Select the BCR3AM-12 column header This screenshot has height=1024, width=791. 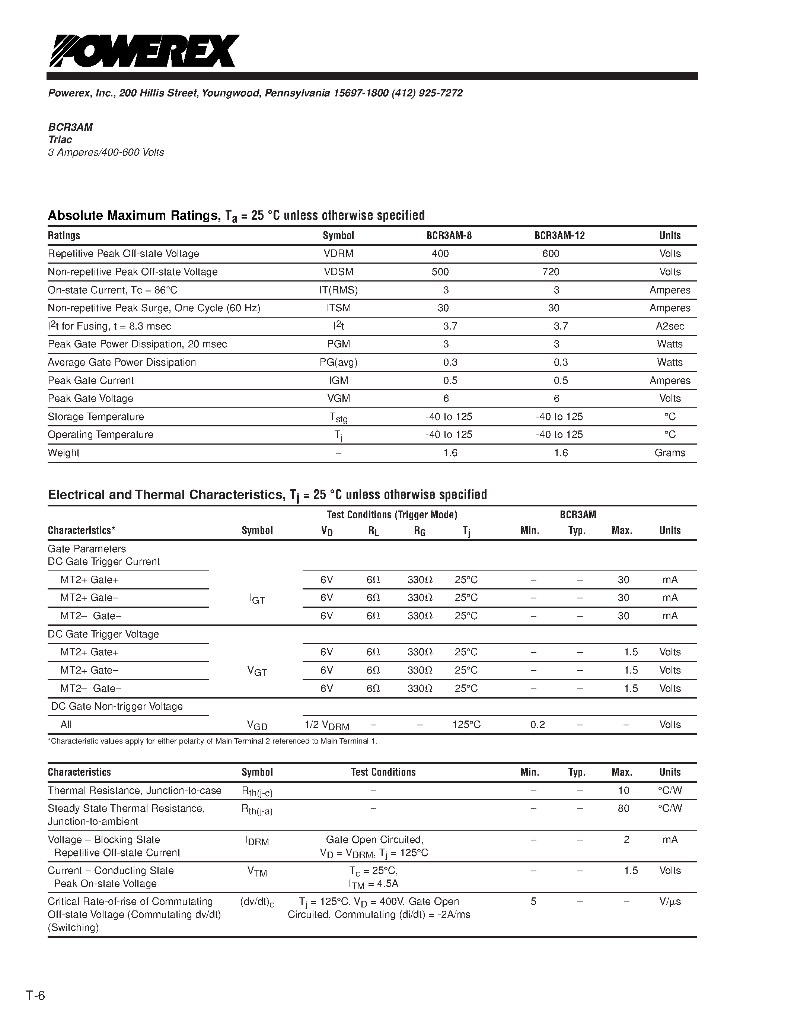[559, 235]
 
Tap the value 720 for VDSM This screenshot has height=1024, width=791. [551, 272]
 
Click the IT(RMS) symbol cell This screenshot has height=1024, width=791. [338, 290]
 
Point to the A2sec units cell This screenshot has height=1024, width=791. [670, 326]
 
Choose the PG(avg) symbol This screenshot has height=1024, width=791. [338, 362]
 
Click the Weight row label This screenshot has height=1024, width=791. [64, 453]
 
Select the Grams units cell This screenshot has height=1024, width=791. [670, 453]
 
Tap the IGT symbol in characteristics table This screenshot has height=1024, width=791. [257, 599]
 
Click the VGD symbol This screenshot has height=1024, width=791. [257, 725]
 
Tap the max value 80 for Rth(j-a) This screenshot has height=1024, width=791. [623, 808]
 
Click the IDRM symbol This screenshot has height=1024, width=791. [257, 841]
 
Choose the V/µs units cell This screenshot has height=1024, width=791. [670, 901]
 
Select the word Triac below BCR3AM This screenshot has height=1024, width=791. [60, 140]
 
